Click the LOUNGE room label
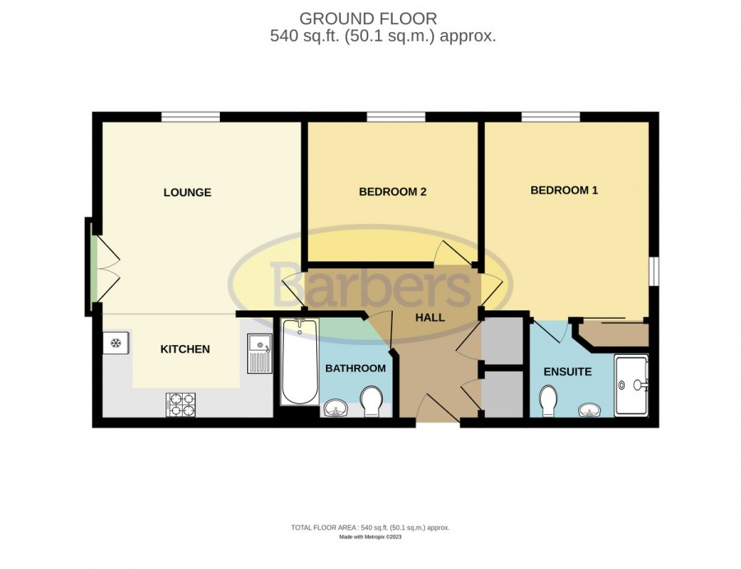[x=187, y=193]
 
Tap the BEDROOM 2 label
[x=393, y=191]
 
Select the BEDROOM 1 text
[x=564, y=190]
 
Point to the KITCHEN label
[x=185, y=349]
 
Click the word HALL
[x=430, y=318]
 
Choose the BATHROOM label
[x=356, y=368]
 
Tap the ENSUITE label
[x=567, y=371]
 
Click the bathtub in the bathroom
[x=300, y=361]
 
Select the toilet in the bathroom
[x=371, y=401]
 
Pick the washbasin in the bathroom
[x=336, y=408]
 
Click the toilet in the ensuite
[x=548, y=401]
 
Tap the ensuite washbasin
[x=590, y=410]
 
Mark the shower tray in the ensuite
[x=631, y=385]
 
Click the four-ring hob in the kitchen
[x=180, y=405]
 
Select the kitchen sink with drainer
[x=259, y=353]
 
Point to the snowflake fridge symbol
[x=116, y=343]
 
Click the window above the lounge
[x=190, y=117]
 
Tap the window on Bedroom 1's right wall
[x=654, y=271]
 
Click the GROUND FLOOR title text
[x=368, y=19]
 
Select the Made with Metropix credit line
[x=370, y=537]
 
